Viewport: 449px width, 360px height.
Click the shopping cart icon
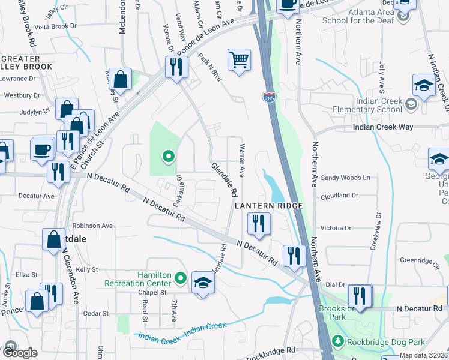[x=239, y=60]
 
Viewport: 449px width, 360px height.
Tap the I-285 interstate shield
[x=268, y=96]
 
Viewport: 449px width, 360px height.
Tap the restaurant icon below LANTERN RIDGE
[x=259, y=224]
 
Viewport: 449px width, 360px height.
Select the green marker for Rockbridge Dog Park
[x=338, y=342]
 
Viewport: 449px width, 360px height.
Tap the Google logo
[x=19, y=352]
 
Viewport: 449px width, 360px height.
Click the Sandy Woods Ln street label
[x=346, y=178]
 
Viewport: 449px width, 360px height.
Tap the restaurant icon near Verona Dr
[x=176, y=67]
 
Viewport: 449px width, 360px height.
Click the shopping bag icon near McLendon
[x=121, y=80]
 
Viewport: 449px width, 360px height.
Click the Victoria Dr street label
[x=336, y=229]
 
